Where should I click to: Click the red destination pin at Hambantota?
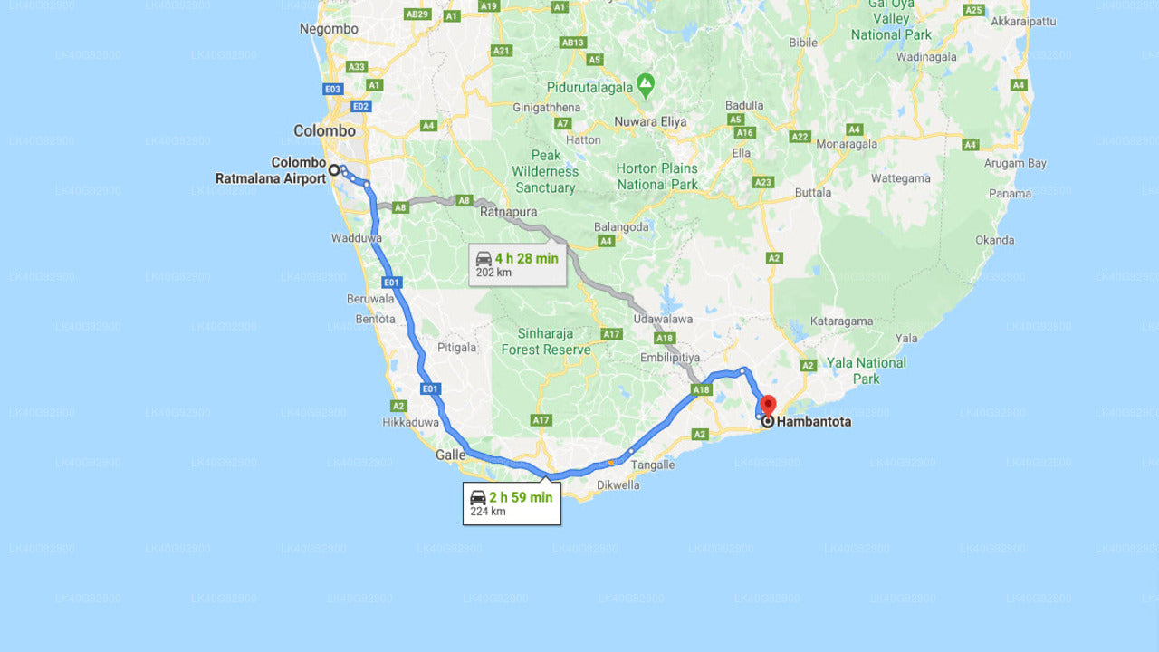pos(768,404)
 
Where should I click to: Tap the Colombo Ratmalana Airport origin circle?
pos(334,169)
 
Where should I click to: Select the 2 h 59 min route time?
pos(521,497)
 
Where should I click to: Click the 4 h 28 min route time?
pos(526,258)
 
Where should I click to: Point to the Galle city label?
pos(450,455)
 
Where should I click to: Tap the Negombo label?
pos(329,29)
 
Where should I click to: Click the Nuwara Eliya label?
pos(650,121)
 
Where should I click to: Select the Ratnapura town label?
pos(509,212)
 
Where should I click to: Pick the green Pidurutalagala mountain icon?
pos(645,85)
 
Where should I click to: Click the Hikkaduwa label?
pos(410,422)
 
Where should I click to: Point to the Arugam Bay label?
pos(1016,163)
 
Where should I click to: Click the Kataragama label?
pos(841,321)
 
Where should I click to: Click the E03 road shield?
pos(332,89)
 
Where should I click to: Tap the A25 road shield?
pos(973,10)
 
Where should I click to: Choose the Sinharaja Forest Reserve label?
pos(546,341)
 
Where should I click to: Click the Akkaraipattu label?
pos(1023,21)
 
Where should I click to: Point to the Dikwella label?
pos(618,484)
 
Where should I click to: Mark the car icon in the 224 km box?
pos(477,497)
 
